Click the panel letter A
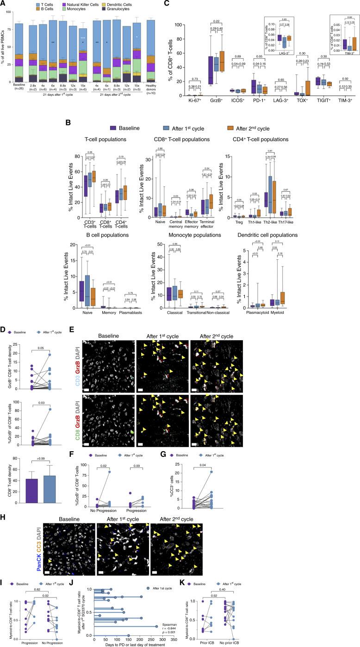click(4, 3)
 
